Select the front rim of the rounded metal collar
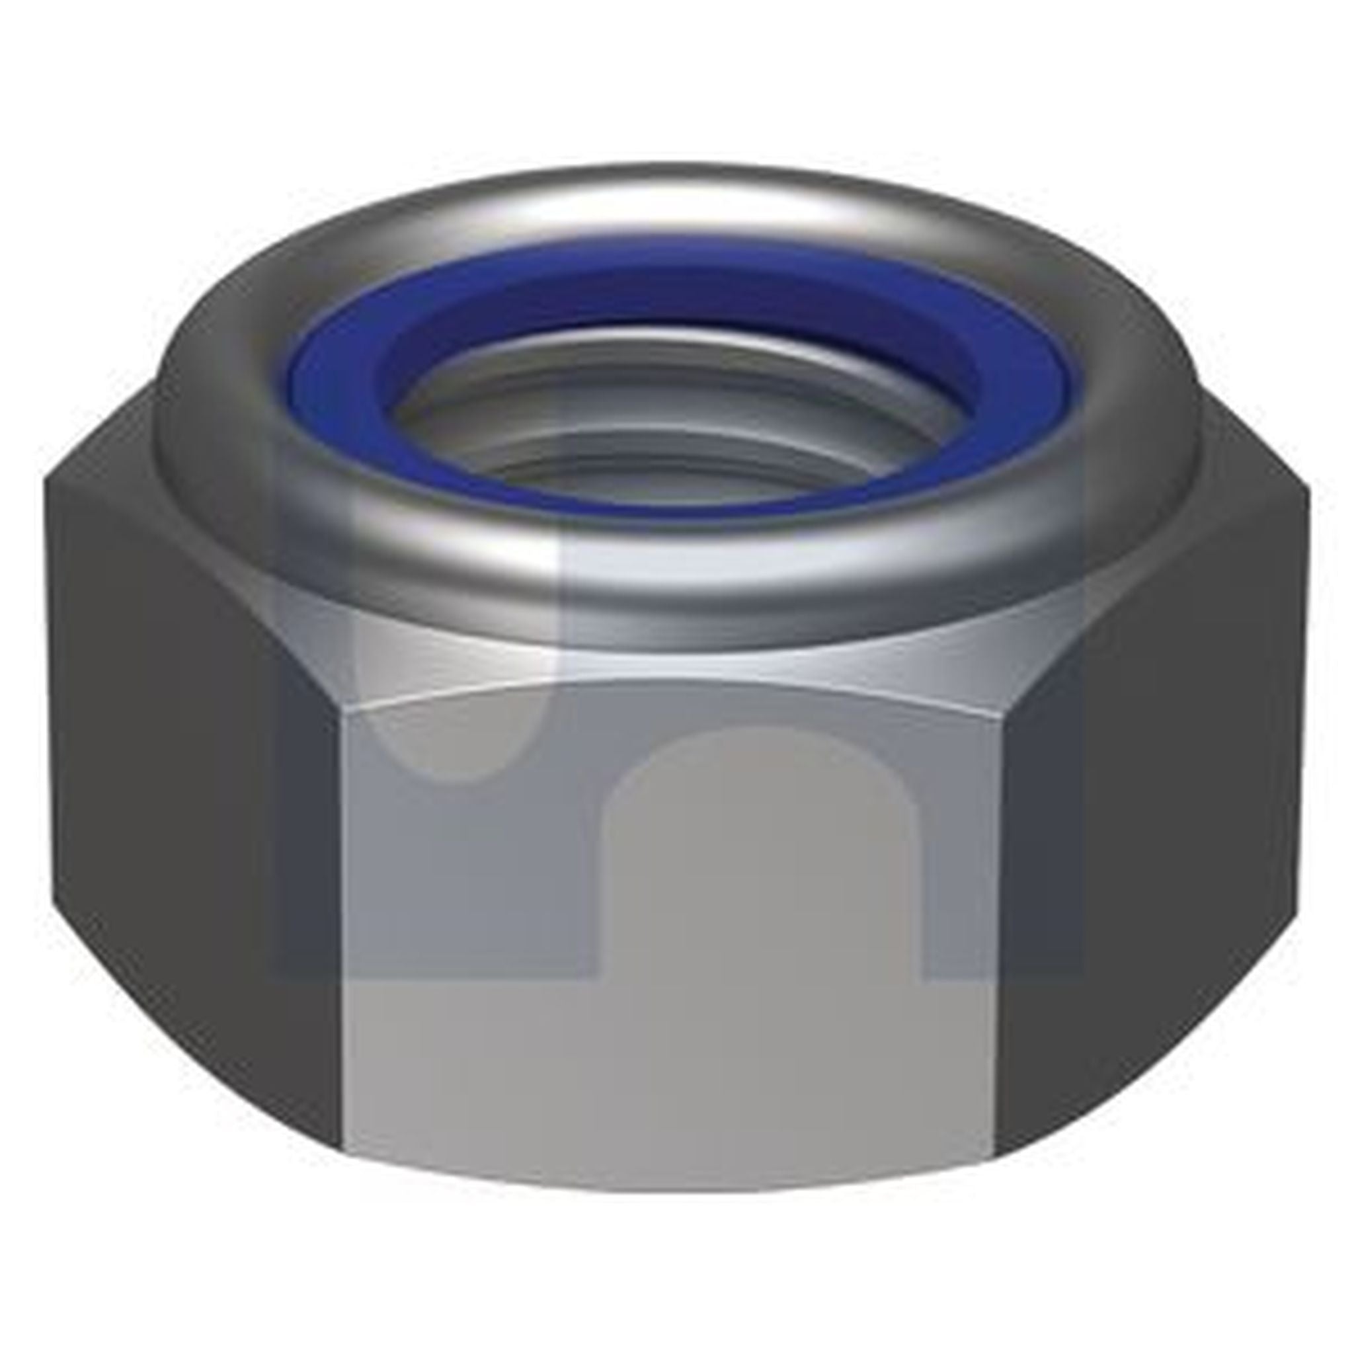673,582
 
